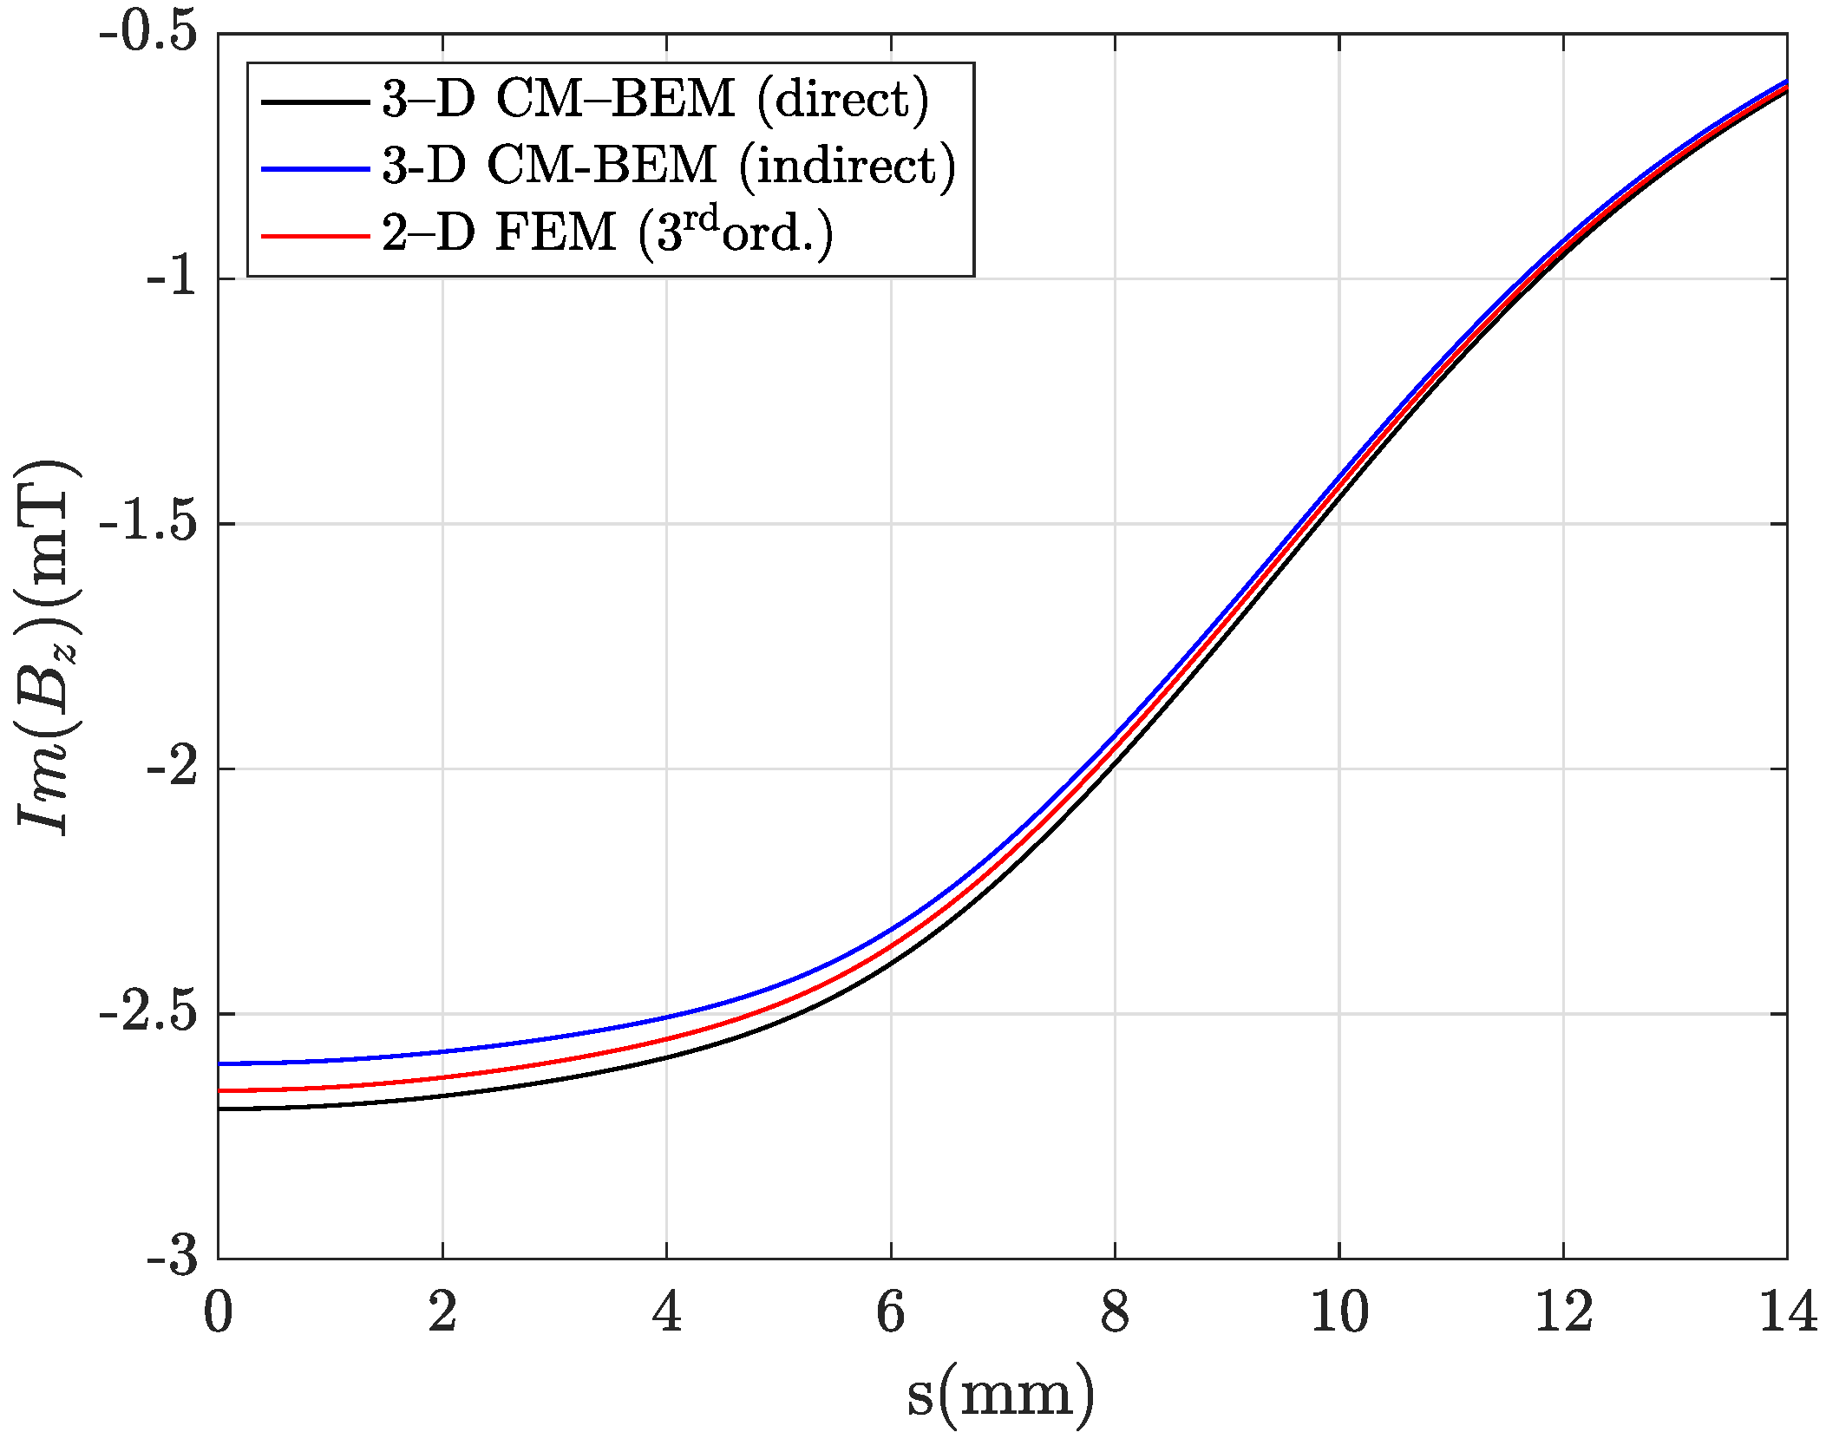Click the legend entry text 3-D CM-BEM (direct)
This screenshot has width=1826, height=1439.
click(x=655, y=100)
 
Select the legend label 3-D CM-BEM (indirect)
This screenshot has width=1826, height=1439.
click(x=668, y=165)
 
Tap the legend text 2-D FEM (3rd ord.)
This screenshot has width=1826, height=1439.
click(x=607, y=232)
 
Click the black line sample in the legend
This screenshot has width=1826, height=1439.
click(x=315, y=101)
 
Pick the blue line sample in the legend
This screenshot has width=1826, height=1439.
click(x=315, y=168)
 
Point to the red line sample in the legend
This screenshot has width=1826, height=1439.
click(x=315, y=235)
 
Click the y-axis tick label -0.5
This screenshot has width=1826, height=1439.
click(x=148, y=36)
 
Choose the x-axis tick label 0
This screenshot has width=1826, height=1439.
click(x=218, y=1311)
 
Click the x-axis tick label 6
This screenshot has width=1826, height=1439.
click(x=891, y=1311)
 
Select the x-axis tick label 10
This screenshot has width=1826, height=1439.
click(x=1338, y=1311)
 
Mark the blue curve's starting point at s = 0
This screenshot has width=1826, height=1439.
click(x=219, y=1063)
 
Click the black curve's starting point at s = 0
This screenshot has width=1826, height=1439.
click(x=219, y=1109)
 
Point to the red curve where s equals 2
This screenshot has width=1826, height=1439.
click(x=442, y=1077)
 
